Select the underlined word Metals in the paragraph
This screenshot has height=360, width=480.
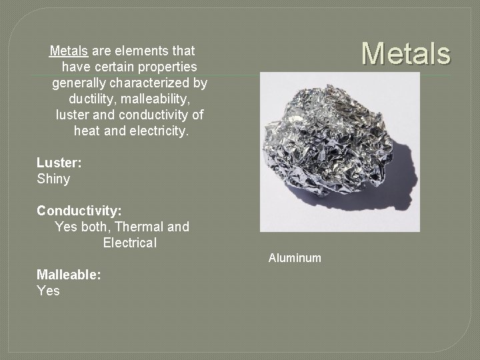[x=69, y=51]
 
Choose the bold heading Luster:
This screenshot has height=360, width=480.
[x=59, y=163]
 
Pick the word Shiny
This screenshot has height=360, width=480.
[x=53, y=179]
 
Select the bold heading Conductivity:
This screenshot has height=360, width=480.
[x=79, y=211]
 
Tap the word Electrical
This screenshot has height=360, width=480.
[x=130, y=243]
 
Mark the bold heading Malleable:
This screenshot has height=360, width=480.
[x=69, y=275]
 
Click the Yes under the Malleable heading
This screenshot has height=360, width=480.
[x=48, y=291]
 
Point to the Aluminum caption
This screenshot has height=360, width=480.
[x=295, y=258]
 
